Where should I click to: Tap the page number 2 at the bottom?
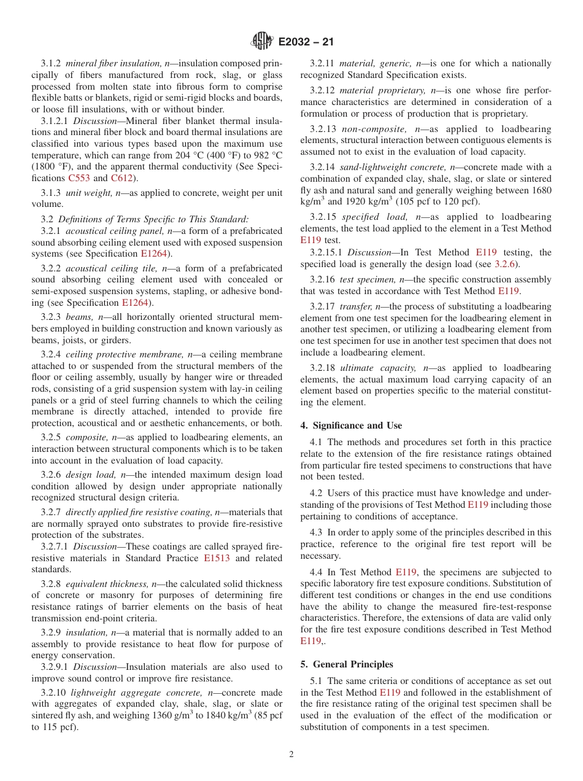pos(291,755)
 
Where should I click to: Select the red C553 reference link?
pos(79,178)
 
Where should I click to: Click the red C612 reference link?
pos(121,178)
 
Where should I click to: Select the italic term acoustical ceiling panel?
pos(114,231)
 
